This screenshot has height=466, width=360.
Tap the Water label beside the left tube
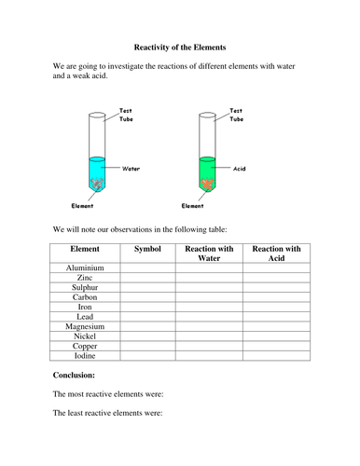(132, 169)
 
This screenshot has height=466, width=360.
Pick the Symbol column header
(147, 249)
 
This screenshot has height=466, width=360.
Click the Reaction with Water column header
(209, 254)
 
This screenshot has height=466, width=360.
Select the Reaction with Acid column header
(277, 254)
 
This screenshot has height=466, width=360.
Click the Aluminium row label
(85, 268)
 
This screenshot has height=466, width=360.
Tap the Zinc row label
(85, 279)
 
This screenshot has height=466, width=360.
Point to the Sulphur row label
(85, 289)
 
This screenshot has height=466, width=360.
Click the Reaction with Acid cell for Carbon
(277, 298)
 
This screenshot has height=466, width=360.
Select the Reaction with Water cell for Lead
(209, 318)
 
